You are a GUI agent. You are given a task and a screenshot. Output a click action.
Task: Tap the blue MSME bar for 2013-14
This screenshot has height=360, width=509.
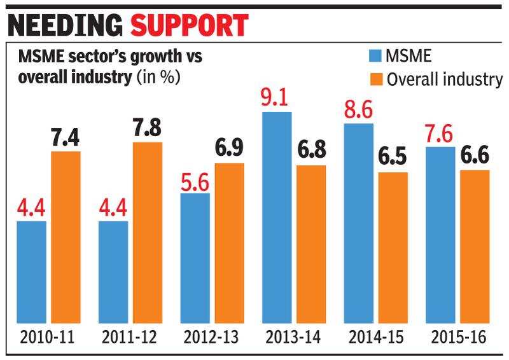pos(276,219)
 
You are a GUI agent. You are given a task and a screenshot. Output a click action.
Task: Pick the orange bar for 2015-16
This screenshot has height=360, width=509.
pos(475,248)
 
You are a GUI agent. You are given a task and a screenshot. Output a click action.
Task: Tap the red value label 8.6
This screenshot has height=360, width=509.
pos(358,109)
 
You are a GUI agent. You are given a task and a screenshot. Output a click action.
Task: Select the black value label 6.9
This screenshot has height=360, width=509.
pos(229,149)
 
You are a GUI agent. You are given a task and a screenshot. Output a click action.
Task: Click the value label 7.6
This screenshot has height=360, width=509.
pos(439,134)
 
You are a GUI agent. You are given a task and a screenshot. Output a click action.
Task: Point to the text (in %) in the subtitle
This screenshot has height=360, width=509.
pos(157,78)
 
